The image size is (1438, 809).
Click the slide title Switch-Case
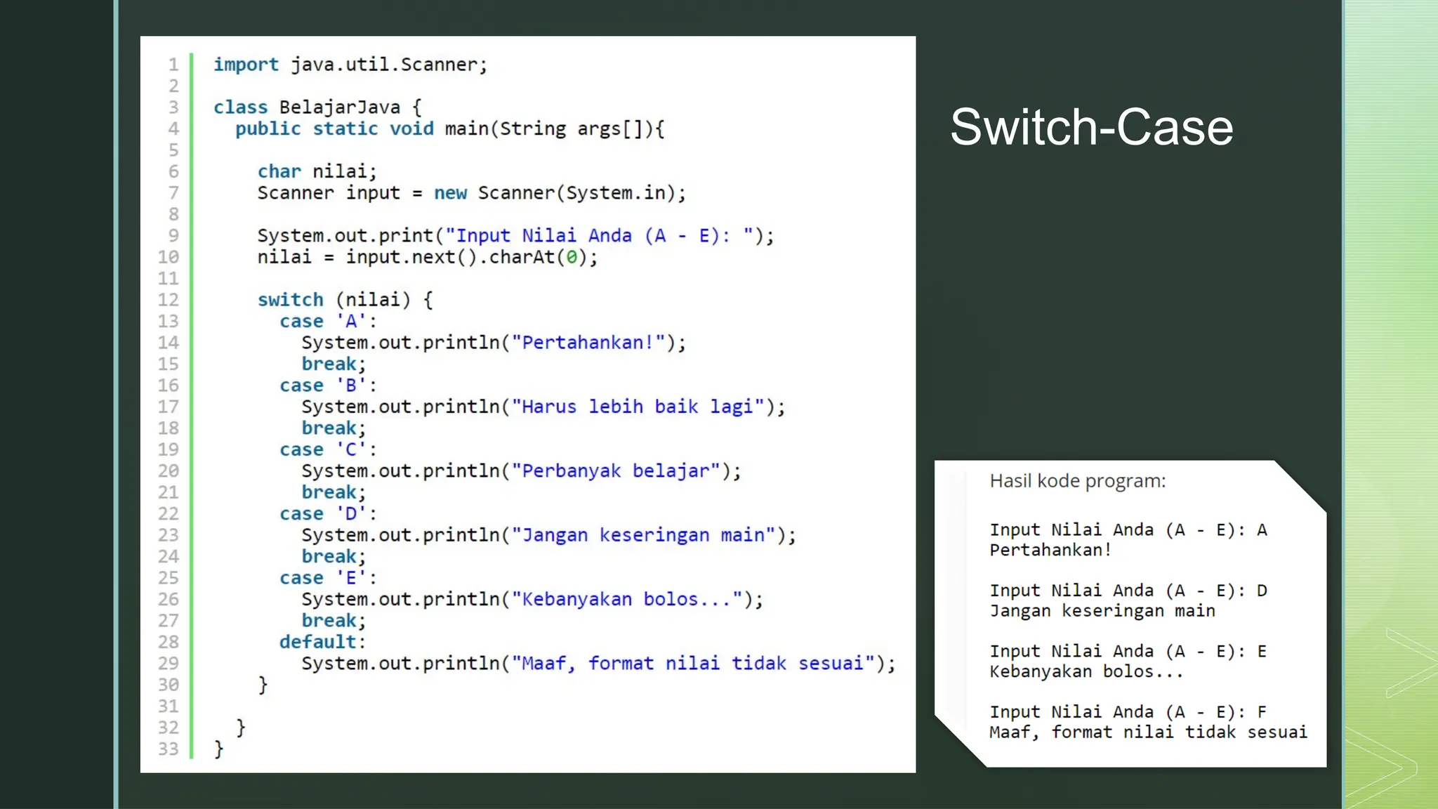coord(1091,128)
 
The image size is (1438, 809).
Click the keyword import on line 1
coord(246,65)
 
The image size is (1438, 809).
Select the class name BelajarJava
coord(339,107)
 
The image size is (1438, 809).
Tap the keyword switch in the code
coord(290,300)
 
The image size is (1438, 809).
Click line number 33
coord(168,749)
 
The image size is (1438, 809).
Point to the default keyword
coord(317,642)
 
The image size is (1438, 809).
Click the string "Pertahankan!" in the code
coord(588,343)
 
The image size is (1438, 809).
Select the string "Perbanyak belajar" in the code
coord(616,471)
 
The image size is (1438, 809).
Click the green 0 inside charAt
coord(572,258)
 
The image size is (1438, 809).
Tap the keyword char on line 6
coord(279,171)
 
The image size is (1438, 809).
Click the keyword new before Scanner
coord(450,193)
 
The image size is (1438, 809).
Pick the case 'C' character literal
coord(351,449)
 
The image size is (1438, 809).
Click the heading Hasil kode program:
coord(1077,481)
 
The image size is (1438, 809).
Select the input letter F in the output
coord(1262,712)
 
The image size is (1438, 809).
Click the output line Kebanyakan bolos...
coord(1086,672)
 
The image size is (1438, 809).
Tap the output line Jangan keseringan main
coord(1102,611)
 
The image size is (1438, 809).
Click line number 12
coord(168,300)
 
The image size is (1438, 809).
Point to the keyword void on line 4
coord(411,129)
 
